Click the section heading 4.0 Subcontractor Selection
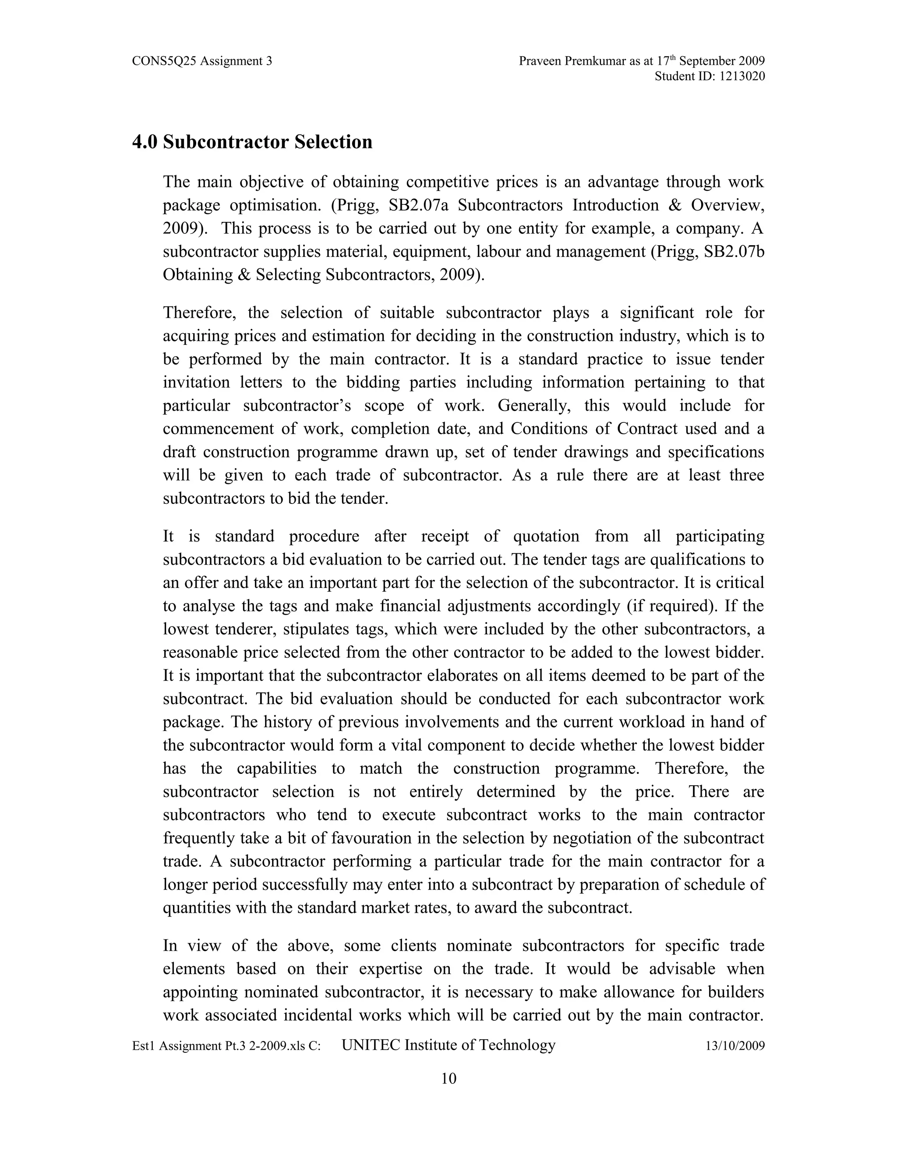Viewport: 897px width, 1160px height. tap(252, 142)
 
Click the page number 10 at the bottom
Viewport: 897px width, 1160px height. tap(448, 1079)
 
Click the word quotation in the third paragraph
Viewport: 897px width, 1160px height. tap(546, 537)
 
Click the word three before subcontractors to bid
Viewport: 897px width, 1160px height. tap(747, 475)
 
